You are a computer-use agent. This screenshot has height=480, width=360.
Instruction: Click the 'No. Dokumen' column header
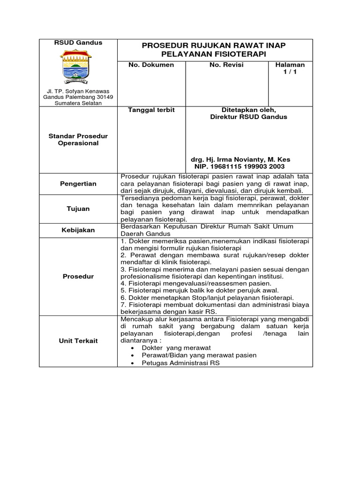pyautogui.click(x=151, y=65)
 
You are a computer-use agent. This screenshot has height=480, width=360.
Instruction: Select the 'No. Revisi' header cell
pyautogui.click(x=226, y=65)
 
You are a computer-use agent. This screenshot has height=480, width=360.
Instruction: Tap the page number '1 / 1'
pyautogui.click(x=290, y=73)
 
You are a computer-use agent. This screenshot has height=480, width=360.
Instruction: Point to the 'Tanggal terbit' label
pyautogui.click(x=151, y=110)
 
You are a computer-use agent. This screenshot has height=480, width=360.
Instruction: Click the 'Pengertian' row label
pyautogui.click(x=78, y=184)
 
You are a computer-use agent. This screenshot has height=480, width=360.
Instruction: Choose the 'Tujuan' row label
pyautogui.click(x=78, y=209)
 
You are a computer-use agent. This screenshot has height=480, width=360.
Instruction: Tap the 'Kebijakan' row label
pyautogui.click(x=78, y=230)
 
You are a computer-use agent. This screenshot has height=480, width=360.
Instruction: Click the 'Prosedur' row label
pyautogui.click(x=78, y=276)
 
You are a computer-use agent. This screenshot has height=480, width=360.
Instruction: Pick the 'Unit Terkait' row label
pyautogui.click(x=78, y=341)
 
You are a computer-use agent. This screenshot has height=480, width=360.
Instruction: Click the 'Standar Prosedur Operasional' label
pyautogui.click(x=78, y=140)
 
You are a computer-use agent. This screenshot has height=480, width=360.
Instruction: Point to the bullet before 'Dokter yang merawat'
pyautogui.click(x=135, y=348)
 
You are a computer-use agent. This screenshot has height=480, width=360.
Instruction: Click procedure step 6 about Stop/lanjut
pyautogui.click(x=207, y=298)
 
